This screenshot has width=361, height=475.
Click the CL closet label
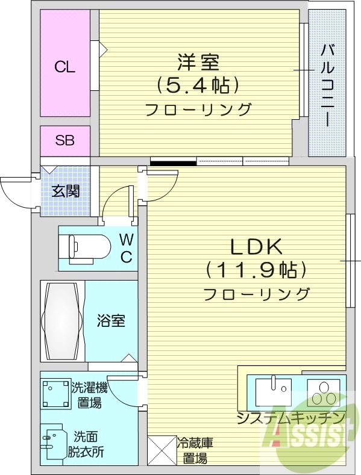pos(65,67)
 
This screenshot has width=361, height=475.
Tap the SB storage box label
pos(65,141)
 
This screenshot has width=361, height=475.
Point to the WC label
pos(126,248)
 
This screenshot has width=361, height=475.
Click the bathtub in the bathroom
pos(62,320)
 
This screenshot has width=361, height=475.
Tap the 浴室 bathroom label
pos(111,320)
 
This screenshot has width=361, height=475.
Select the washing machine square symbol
pos(56,394)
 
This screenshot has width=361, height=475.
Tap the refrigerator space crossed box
pos(160,450)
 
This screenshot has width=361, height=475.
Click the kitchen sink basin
pos(273,391)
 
